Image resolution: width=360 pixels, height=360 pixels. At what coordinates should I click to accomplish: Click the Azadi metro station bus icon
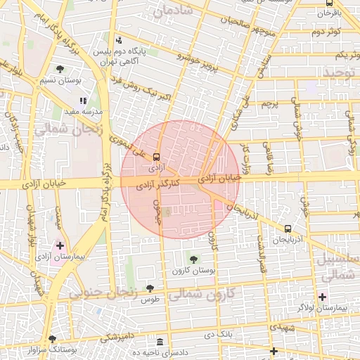pos(156,157)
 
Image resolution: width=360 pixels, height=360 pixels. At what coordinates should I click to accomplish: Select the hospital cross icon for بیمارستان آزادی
pos(60,246)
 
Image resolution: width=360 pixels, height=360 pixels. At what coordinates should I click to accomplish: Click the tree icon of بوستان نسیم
pos(60,70)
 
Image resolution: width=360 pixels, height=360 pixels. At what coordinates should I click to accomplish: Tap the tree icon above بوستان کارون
pos(193,260)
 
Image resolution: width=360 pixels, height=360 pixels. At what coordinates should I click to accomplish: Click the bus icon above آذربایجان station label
pos(288,229)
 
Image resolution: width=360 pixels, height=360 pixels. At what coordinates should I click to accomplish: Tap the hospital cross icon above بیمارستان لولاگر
pos(322,297)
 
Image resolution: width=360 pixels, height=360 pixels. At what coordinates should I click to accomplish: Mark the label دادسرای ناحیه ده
pos(162,352)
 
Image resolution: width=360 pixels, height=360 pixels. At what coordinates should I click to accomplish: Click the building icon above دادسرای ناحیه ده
pos(161,341)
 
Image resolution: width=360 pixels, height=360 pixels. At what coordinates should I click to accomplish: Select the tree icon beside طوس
pos(150,288)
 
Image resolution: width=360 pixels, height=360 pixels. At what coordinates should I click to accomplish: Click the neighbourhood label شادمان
pos(176,11)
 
